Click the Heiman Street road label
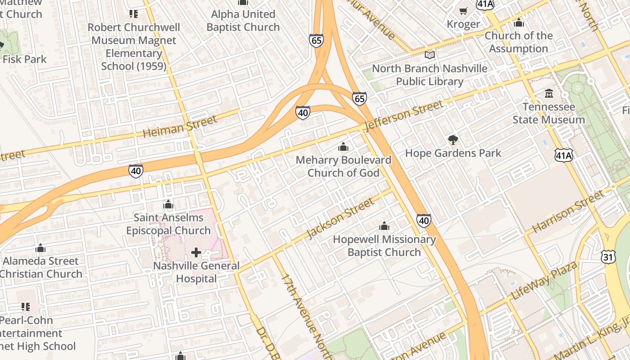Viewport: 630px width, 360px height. pyautogui.click(x=180, y=126)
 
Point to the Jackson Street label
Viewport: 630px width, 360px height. pyautogui.click(x=340, y=218)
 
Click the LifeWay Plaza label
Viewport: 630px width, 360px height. pyautogui.click(x=545, y=281)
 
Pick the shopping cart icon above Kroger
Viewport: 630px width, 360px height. pyautogui.click(x=463, y=10)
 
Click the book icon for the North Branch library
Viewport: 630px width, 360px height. pyautogui.click(x=430, y=55)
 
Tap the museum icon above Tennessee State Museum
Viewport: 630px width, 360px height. pyautogui.click(x=549, y=94)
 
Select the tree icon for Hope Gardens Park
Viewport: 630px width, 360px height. pyautogui.click(x=453, y=140)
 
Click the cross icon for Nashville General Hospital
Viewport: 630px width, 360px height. pyautogui.click(x=196, y=252)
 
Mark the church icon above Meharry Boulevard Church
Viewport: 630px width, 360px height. pyautogui.click(x=343, y=147)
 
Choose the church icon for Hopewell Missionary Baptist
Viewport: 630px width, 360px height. pyautogui.click(x=384, y=226)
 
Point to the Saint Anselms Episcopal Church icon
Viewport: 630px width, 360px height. pyautogui.click(x=168, y=205)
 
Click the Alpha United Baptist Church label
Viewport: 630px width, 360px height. pyautogui.click(x=243, y=21)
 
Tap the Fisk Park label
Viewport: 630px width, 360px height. pyautogui.click(x=25, y=59)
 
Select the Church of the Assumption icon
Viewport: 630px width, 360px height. pyautogui.click(x=518, y=22)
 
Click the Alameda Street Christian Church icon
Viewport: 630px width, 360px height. pyautogui.click(x=40, y=248)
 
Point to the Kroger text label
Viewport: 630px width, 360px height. pyautogui.click(x=463, y=24)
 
